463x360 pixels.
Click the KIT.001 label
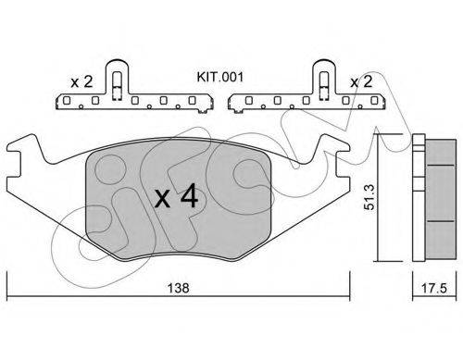(220, 77)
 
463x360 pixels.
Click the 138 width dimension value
(178, 288)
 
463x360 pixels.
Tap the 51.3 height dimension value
(369, 197)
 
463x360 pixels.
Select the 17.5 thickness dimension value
(434, 289)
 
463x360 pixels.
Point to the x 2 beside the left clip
(81, 82)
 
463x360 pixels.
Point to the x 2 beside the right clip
(361, 81)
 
